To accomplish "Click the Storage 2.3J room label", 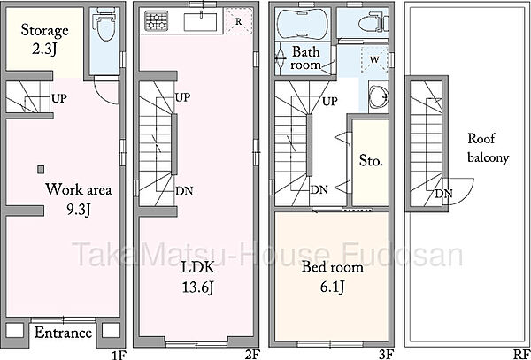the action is pos(45,39).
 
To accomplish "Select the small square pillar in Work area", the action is pos(41,169).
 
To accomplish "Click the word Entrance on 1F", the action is pos(63,333).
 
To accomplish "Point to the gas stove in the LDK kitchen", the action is pos(157,20).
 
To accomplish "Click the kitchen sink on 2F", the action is pos(201,22).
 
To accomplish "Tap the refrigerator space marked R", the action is pos(238,21).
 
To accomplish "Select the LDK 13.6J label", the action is pos(198,278).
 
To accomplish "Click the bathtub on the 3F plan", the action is pos(303,24).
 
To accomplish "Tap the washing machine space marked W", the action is pos(373,59).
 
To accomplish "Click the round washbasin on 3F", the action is pos(378,97).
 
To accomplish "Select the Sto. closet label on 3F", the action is pos(371,161).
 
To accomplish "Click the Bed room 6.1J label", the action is pos(332,278).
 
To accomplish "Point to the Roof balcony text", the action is pos(488,149).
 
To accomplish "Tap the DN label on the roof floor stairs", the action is pos(444,194).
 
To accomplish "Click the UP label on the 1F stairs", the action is pos(59,98).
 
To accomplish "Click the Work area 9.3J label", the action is pos(79,200).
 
